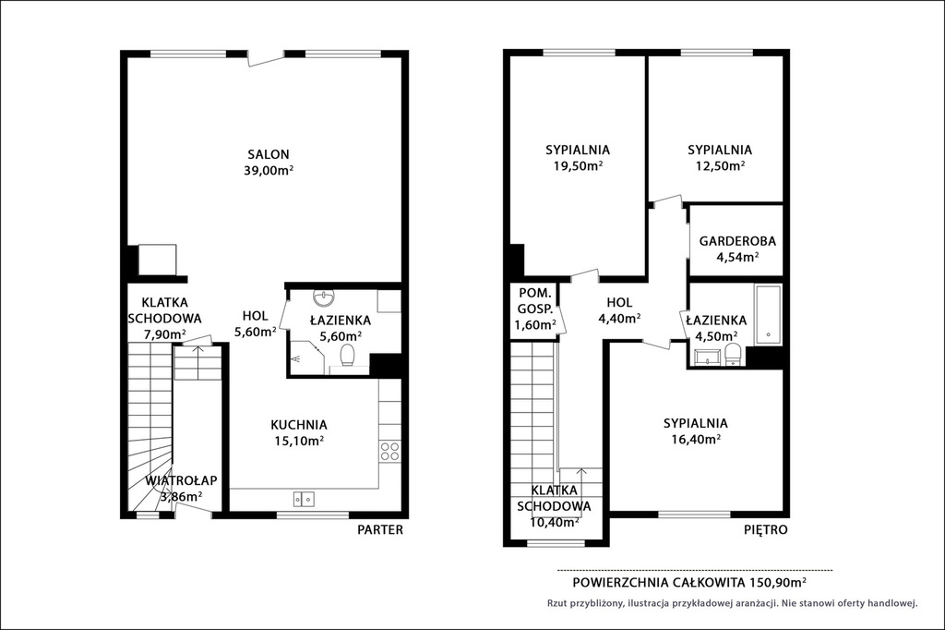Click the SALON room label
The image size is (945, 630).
coord(269,154)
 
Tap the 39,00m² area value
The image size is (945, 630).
coord(269,170)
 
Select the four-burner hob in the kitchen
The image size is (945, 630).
coord(390,452)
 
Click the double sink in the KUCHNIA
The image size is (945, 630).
coord(304,499)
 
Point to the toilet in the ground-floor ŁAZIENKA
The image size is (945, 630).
coord(348,356)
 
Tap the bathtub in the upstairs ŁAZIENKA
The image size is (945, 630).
coord(769,314)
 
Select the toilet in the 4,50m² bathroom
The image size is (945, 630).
coord(733,354)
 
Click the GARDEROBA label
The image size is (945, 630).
coord(737,241)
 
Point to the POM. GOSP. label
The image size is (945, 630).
coord(535,301)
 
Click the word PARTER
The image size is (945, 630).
coord(380,530)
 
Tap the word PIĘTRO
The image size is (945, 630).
coord(765,530)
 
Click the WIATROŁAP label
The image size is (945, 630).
coord(181,481)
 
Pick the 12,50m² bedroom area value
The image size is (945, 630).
coord(720,165)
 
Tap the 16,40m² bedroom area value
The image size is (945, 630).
coord(696,439)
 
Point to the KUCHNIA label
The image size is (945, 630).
coord(299,425)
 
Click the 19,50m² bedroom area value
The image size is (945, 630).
coord(578,165)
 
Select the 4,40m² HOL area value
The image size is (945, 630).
coord(619,318)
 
